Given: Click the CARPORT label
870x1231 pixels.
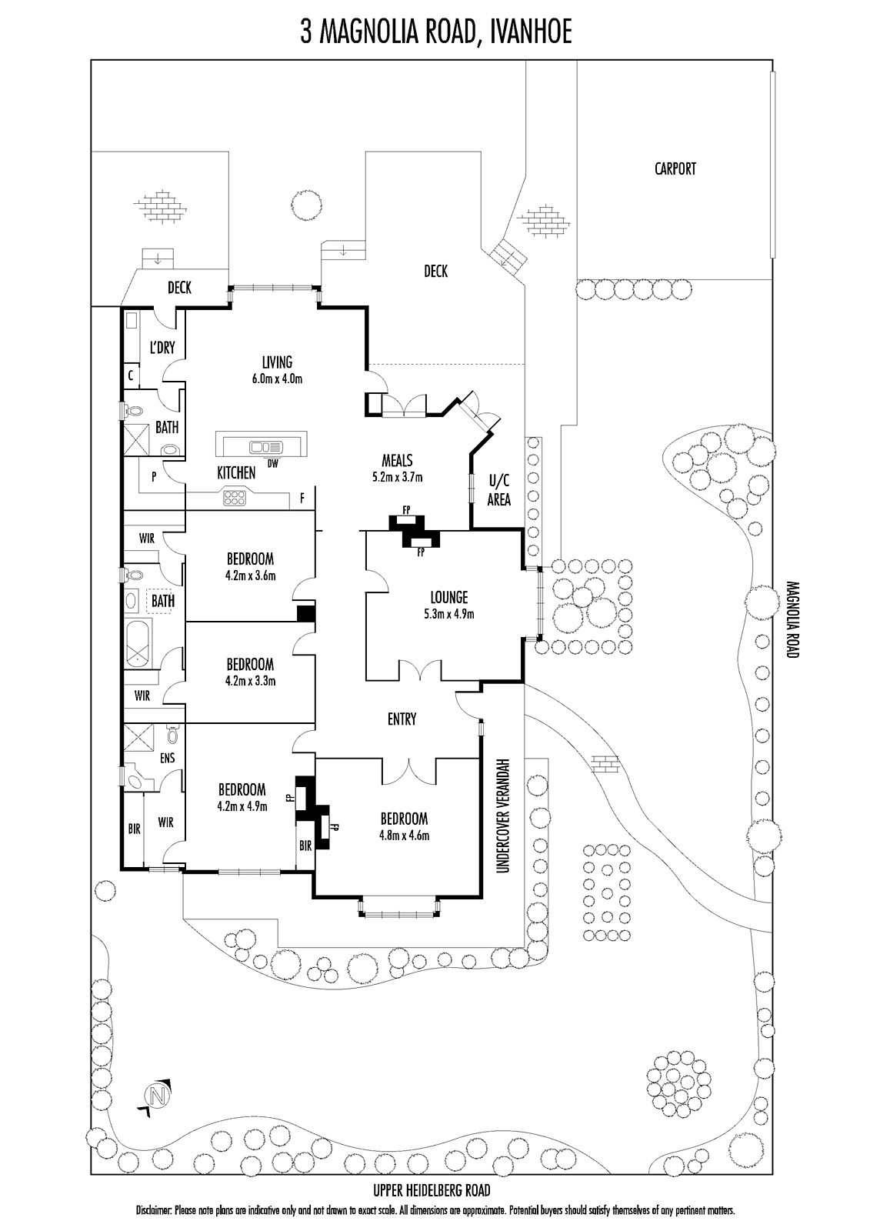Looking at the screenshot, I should (675, 168).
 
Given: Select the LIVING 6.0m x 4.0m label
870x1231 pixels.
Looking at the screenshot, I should (277, 369).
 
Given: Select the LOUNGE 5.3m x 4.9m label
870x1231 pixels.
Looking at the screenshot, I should (448, 605).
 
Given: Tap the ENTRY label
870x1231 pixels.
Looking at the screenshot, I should (402, 719).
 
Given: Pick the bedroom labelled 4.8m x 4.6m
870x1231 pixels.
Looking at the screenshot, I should (403, 827).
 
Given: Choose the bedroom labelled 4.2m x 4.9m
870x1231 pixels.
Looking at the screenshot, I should (242, 797).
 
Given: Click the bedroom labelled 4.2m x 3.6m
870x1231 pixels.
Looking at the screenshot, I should (250, 566).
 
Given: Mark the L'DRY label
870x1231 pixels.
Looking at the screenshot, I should (162, 348).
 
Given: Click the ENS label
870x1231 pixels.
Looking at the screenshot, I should (167, 758).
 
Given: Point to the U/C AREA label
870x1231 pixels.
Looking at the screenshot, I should (498, 489).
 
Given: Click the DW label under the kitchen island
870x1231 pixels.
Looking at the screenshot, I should (272, 463).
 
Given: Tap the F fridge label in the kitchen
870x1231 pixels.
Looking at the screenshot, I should (302, 499).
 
